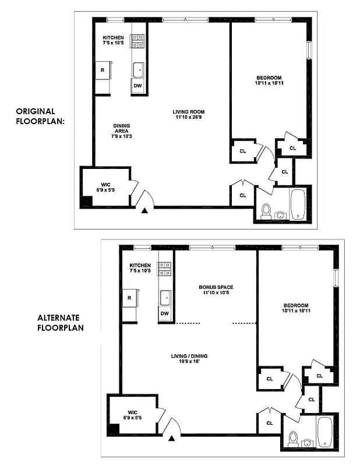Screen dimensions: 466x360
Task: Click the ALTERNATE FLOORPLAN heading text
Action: [x=60, y=323]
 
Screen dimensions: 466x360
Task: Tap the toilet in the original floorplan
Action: [x=266, y=210]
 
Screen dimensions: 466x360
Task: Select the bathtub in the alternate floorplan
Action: [x=324, y=432]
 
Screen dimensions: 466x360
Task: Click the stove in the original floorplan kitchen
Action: [x=139, y=40]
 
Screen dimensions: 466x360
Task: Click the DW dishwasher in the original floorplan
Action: [x=138, y=86]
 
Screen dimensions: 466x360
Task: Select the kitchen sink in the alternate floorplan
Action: [x=165, y=298]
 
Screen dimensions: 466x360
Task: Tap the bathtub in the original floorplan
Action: [x=298, y=204]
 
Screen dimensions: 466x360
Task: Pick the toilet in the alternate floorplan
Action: [x=293, y=438]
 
